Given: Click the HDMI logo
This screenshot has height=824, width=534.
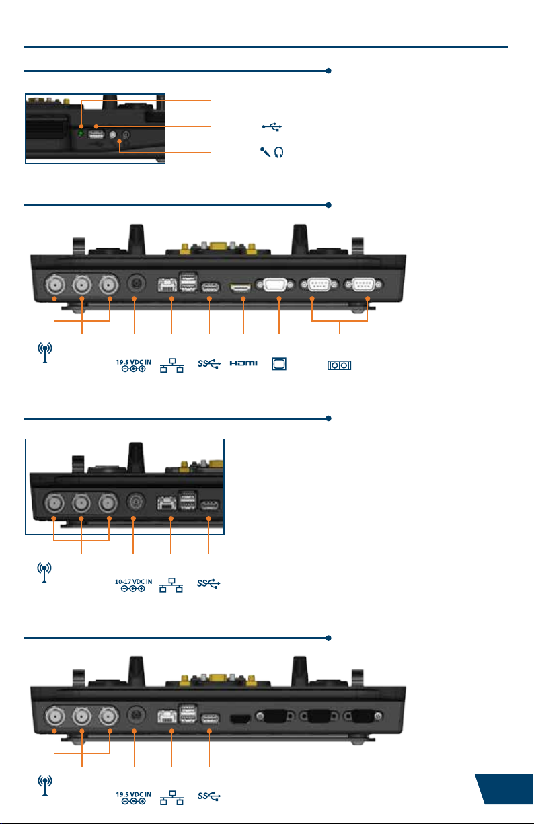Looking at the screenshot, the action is pos(243,363).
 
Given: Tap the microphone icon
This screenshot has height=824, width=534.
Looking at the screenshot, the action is pos(265,152).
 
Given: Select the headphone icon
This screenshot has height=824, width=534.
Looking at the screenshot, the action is pos(278,152).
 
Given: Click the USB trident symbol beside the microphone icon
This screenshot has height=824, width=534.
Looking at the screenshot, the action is pos(272,127).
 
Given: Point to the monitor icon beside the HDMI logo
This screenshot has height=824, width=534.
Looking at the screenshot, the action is pos(279,364).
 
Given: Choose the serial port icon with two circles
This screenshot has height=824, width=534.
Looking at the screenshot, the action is pos(339,365).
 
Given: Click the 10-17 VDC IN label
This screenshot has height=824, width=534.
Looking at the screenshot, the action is pos(133,582).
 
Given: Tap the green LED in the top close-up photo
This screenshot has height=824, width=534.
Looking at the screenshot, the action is pos(81,133).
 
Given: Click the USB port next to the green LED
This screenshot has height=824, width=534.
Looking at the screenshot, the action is pos(96,135).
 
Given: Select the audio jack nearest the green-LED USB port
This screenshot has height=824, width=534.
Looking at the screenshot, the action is pos(113,135).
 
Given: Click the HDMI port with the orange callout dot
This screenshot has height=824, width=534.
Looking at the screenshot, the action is pos(241,287).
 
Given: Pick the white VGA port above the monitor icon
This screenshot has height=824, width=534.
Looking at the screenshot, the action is pos(275,285).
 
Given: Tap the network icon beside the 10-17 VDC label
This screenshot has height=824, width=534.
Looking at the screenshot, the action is pos(171,585).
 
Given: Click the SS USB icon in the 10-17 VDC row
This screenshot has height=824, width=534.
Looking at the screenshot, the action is pos(208,583).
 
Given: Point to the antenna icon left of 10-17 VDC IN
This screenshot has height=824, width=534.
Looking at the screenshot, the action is pos(44,572).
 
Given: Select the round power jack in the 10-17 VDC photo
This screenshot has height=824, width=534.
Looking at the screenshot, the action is pos(136,501).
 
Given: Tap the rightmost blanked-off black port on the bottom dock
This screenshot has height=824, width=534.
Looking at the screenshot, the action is pos(363,716).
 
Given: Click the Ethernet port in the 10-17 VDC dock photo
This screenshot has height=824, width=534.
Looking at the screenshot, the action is pos(167,503).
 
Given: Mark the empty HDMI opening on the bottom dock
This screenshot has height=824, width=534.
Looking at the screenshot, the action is pos(240,719).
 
